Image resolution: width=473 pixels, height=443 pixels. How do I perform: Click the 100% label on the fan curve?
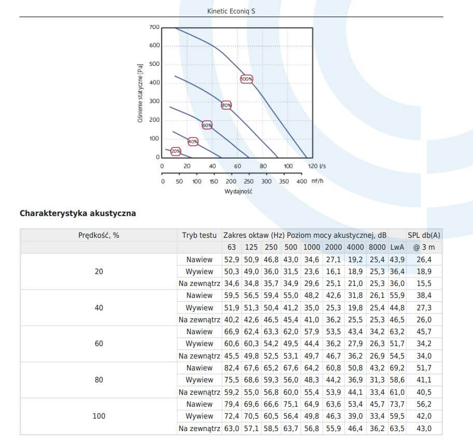pos(246,79)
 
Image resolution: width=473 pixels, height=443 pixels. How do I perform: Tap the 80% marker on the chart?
pos(226,105)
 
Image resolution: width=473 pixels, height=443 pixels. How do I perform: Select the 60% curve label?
pos(207,125)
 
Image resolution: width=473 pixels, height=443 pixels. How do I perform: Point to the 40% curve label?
pos(193,141)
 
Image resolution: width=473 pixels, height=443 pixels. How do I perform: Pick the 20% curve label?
pos(176,151)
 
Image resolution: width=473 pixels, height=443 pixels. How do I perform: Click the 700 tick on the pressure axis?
pos(154,27)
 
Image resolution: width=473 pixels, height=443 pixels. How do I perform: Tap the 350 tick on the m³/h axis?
pos(284,181)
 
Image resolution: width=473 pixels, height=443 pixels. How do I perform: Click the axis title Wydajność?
pos(238,191)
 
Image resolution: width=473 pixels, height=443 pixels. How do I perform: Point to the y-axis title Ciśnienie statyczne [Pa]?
pos(140,93)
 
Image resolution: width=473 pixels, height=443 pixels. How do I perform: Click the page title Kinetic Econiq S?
pos(231,11)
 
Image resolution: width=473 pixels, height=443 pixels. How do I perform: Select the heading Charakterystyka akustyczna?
pos(78,213)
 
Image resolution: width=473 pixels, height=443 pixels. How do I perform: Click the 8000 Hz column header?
pos(377,247)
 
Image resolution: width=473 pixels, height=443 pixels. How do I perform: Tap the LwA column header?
pos(397,247)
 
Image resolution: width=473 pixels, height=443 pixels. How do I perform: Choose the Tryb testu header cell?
pos(199,235)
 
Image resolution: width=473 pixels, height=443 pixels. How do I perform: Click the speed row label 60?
pos(99,344)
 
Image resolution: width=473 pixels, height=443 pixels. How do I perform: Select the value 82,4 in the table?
pos(231,368)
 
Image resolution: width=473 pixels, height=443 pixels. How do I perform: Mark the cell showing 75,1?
pos(291,404)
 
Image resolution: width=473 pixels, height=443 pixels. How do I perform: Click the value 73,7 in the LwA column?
pos(397,404)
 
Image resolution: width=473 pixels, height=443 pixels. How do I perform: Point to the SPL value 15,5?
pos(424,283)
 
